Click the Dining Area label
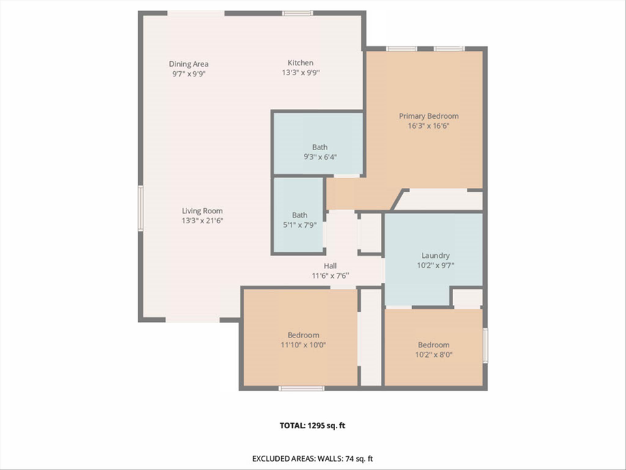point(188,64)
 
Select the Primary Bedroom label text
point(428,116)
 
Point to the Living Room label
point(202,211)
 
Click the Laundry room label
point(436,256)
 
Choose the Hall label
point(331,266)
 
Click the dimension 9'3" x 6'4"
point(320,157)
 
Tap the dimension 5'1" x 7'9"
point(299,225)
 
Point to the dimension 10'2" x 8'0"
point(434,354)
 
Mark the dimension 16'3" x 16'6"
point(428,125)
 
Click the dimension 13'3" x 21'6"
point(202,221)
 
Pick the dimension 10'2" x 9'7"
point(436,266)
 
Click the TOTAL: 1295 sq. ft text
point(312,426)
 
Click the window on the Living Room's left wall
point(140,208)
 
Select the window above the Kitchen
point(297,13)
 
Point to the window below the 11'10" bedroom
point(301,388)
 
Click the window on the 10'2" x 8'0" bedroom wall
point(484,344)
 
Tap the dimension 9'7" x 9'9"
point(188,74)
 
